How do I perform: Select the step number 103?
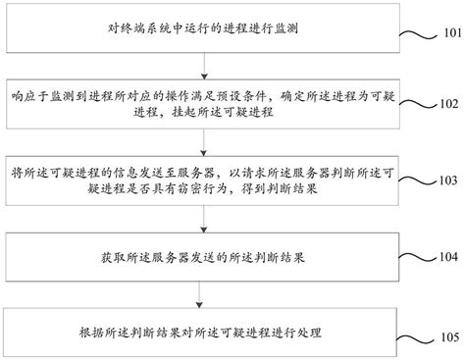click(x=446, y=181)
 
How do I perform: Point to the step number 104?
click(x=446, y=256)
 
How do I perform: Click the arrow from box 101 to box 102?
click(x=203, y=67)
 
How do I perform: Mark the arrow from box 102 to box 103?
click(x=203, y=140)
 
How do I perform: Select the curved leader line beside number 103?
click(x=417, y=180)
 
